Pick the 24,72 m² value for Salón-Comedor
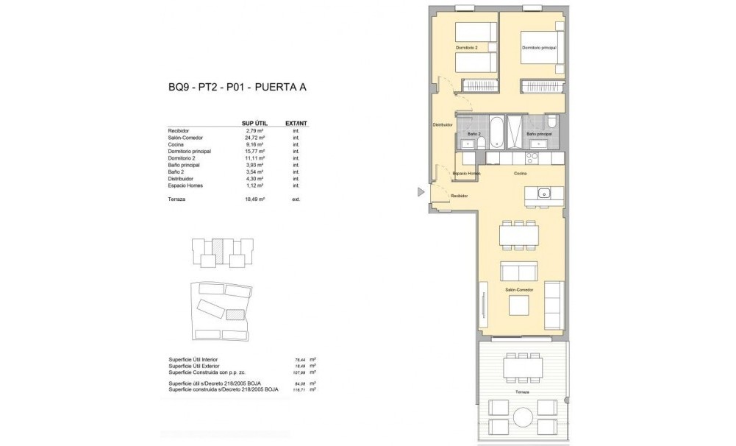click(254, 138)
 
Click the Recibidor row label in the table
click(179, 131)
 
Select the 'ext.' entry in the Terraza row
click(296, 199)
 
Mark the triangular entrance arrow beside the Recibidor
click(421, 192)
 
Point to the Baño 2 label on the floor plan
click(474, 135)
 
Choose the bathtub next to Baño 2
click(496, 132)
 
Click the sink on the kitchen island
click(544, 194)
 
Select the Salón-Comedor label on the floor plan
click(518, 291)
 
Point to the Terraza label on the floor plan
click(521, 393)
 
